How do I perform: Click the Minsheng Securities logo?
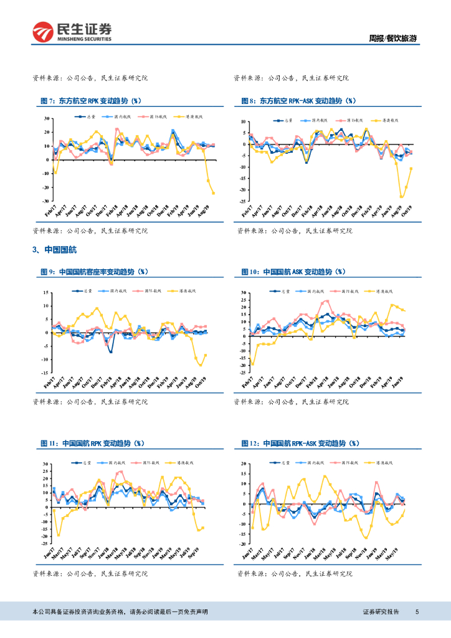[72, 32]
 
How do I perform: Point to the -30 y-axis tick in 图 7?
[46, 201]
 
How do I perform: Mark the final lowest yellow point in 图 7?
[214, 193]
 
